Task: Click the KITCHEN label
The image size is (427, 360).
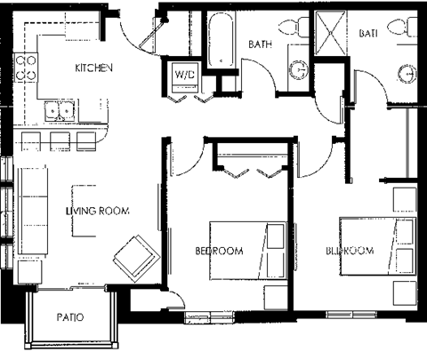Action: [93, 68]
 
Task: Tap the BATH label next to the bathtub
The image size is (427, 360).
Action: [260, 44]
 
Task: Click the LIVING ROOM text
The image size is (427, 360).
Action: [97, 211]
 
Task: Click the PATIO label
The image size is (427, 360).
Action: [70, 317]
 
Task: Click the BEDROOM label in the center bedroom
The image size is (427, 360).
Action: [219, 252]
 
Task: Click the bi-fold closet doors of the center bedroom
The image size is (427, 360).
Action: [253, 166]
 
